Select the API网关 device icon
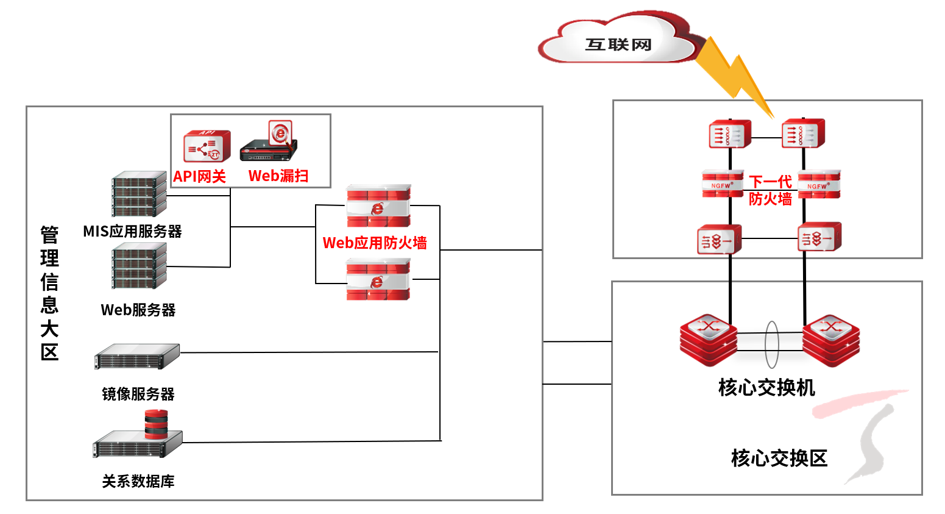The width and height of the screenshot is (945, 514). click(x=207, y=146)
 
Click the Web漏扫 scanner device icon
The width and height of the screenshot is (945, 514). click(x=270, y=142)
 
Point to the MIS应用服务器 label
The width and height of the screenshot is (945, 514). click(x=132, y=232)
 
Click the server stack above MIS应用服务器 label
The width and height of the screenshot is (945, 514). click(x=139, y=194)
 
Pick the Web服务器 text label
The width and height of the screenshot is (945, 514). click(x=138, y=310)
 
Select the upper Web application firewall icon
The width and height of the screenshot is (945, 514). click(x=378, y=206)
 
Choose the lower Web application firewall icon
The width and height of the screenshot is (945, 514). click(x=378, y=279)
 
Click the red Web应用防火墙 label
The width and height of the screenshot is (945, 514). click(x=375, y=243)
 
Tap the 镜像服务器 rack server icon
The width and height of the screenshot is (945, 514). click(x=137, y=357)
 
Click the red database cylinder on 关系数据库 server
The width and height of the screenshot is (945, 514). click(x=156, y=424)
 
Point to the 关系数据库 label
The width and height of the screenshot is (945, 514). click(x=138, y=482)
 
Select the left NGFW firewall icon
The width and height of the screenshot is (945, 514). click(x=723, y=184)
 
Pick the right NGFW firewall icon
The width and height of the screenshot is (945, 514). click(x=819, y=185)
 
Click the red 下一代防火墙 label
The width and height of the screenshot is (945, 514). click(x=770, y=190)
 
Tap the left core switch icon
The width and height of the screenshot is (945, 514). click(x=709, y=340)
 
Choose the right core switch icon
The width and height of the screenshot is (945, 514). click(x=831, y=340)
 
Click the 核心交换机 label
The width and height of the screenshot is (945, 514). click(x=766, y=388)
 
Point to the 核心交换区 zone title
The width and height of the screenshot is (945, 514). click(x=779, y=459)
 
